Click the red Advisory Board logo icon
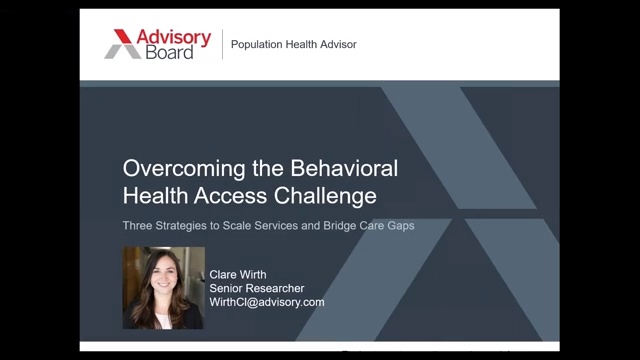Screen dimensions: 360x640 coord(123,44)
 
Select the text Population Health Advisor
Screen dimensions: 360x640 coord(293,45)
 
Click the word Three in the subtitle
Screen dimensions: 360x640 coord(137,225)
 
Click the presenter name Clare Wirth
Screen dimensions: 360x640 coord(238,275)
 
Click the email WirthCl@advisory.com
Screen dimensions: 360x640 coord(267,302)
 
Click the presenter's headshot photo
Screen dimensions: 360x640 coord(163,288)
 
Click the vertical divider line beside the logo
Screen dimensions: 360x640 coord(222,45)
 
